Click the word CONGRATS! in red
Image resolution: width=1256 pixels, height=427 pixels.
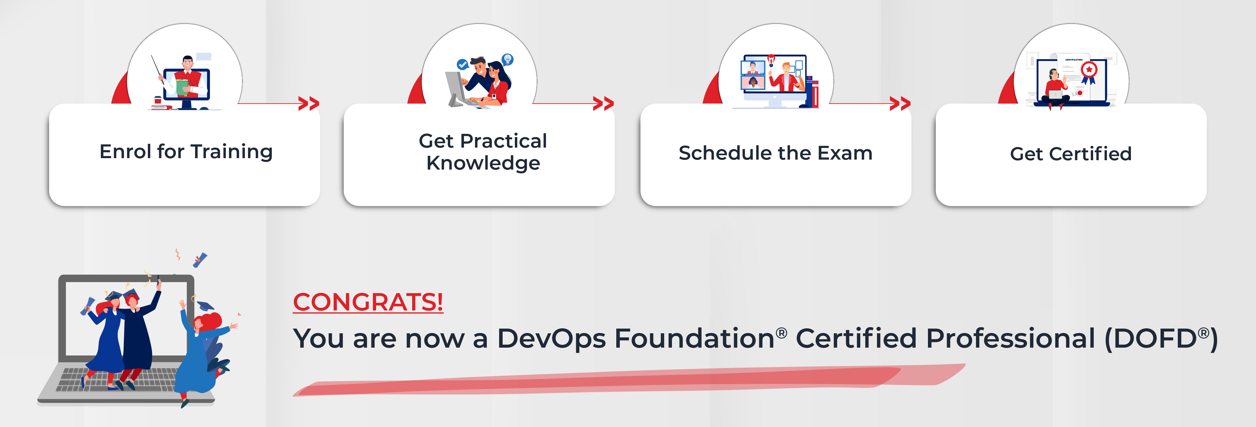[x=368, y=302]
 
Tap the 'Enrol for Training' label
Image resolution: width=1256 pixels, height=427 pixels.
[x=186, y=152]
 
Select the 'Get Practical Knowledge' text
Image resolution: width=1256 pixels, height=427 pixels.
[x=483, y=152]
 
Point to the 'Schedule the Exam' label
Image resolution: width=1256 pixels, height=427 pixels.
[x=775, y=153]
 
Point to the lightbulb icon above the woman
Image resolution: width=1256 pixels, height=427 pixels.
[x=508, y=59]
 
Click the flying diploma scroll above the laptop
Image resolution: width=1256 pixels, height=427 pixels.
[x=200, y=260]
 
